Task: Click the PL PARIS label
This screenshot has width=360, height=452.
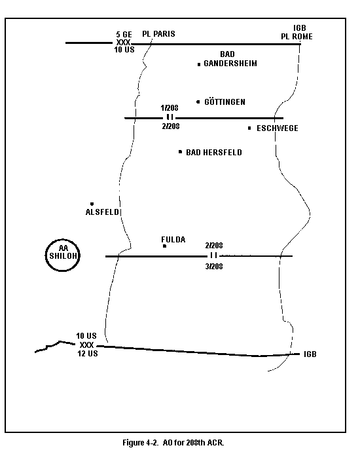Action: tap(158, 34)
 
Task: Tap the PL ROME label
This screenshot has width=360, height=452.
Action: tap(297, 37)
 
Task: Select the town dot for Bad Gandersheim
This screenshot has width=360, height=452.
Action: tap(199, 65)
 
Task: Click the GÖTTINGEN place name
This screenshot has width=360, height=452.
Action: tap(225, 102)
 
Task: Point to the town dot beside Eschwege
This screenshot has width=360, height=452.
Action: tap(249, 128)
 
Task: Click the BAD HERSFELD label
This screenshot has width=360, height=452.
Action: tap(213, 152)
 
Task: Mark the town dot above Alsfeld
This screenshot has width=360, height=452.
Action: tap(92, 204)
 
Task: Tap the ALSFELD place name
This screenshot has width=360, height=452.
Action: tap(102, 212)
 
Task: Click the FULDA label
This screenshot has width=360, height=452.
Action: tap(173, 240)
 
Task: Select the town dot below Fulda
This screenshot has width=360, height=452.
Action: tap(164, 246)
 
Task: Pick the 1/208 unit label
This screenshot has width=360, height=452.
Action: tap(170, 108)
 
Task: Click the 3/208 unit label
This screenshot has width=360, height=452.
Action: tap(214, 267)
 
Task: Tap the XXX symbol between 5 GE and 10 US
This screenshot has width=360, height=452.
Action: tap(123, 43)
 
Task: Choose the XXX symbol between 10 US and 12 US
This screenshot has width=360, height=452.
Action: tap(86, 345)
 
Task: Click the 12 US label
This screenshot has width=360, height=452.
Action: tap(88, 354)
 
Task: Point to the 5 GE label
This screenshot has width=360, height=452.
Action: tap(124, 35)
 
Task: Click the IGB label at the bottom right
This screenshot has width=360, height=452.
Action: tap(310, 354)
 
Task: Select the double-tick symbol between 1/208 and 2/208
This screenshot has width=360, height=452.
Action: tap(170, 117)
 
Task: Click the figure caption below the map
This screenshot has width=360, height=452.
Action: tap(173, 442)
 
